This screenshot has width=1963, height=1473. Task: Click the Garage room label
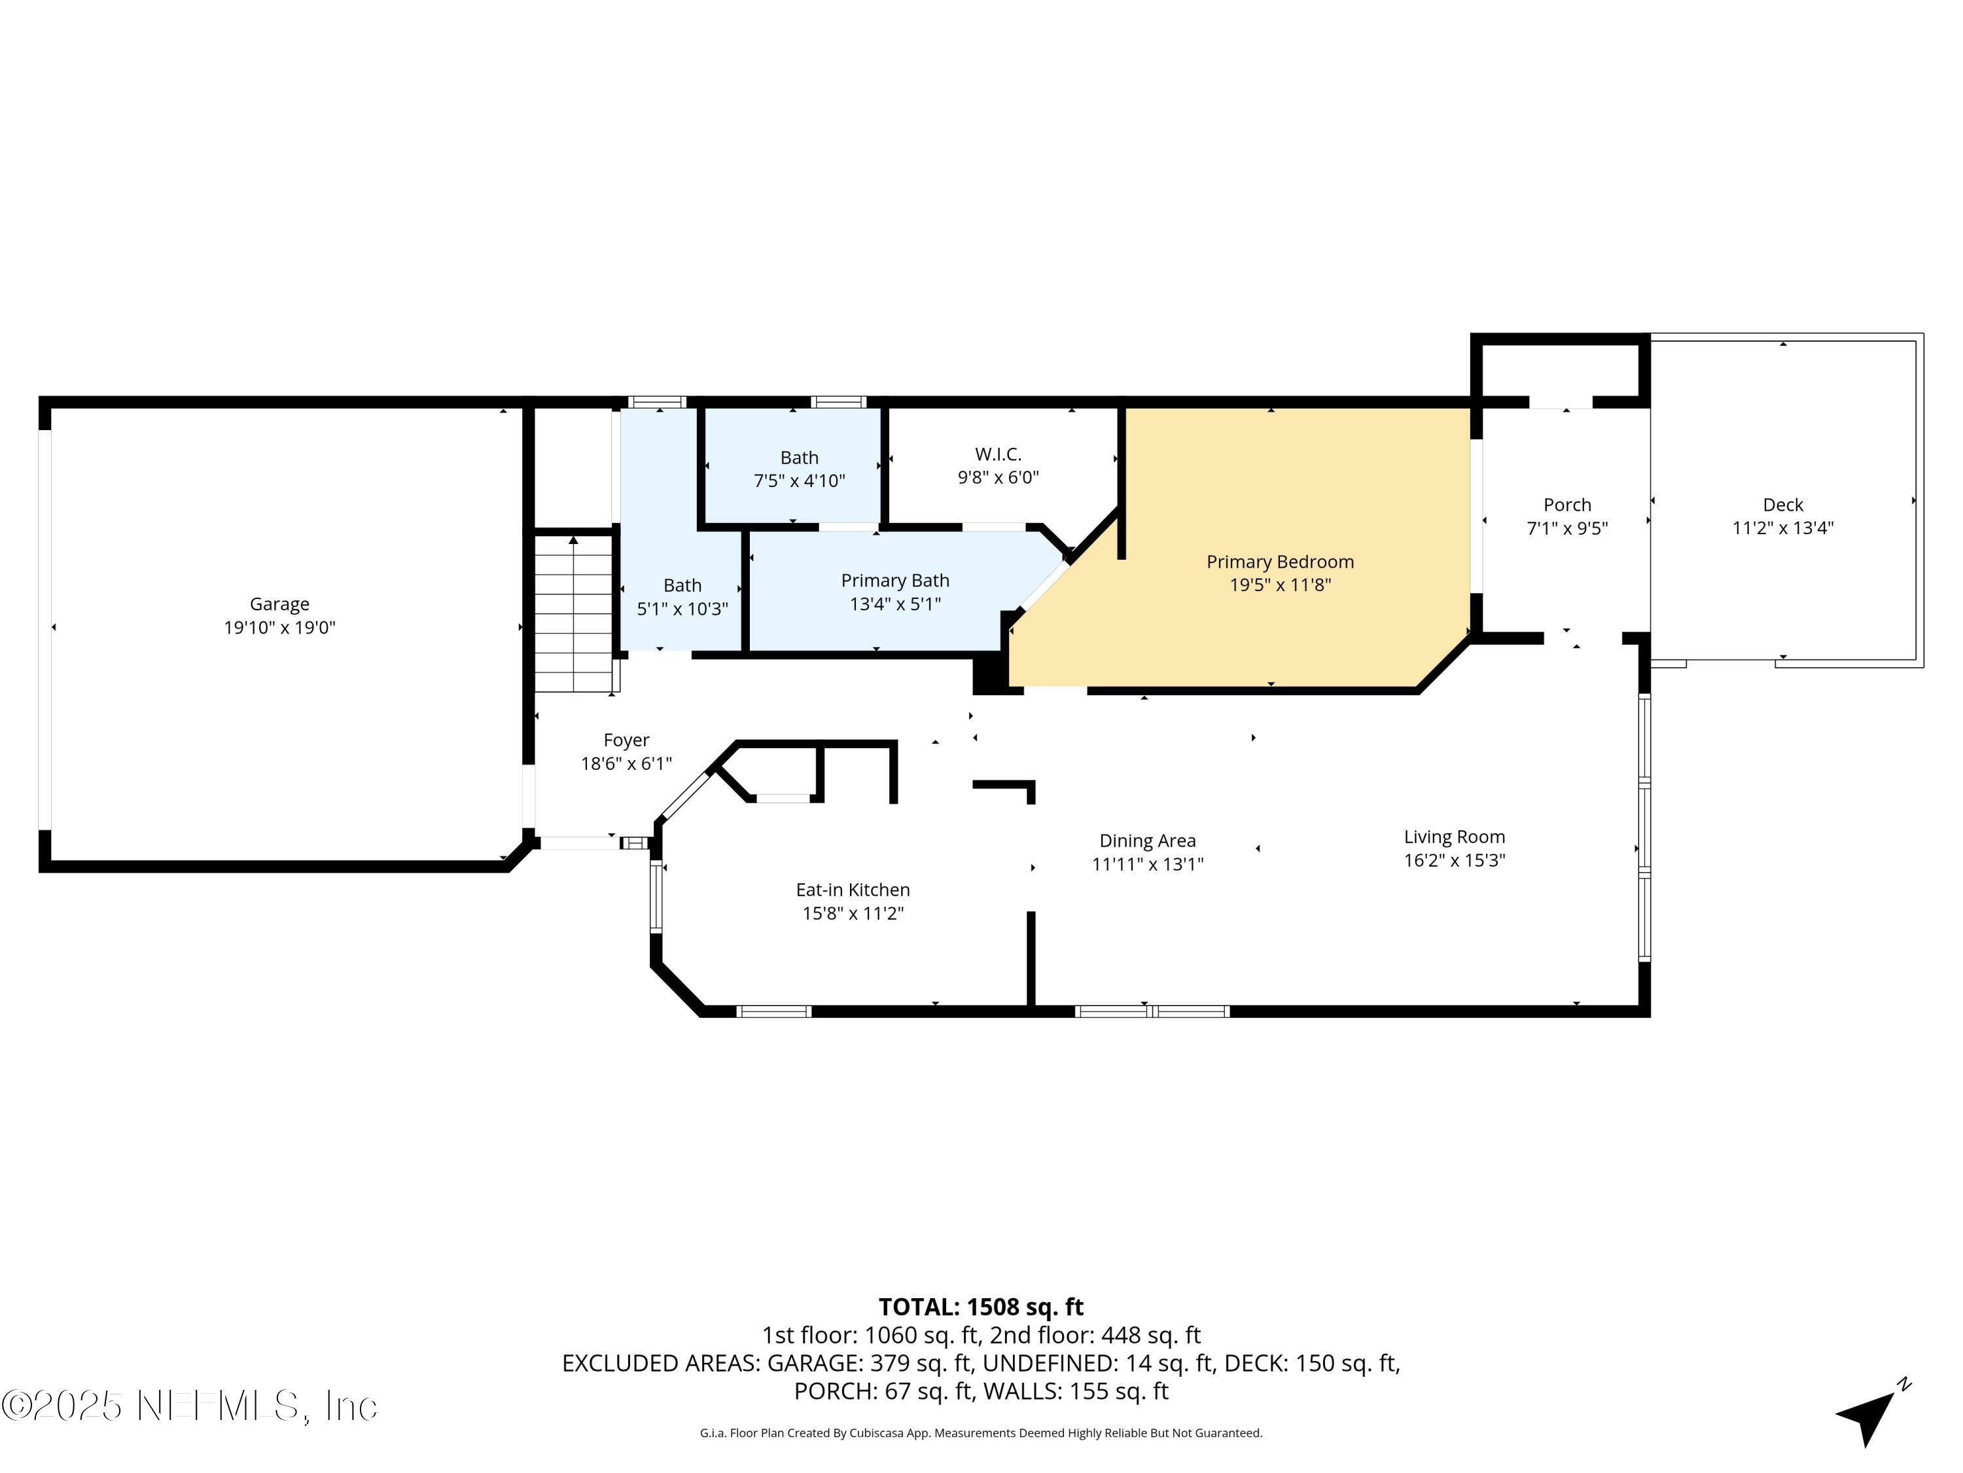[279, 604]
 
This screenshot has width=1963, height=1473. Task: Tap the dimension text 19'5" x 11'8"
[1280, 584]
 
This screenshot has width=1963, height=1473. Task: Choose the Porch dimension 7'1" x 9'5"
[1566, 528]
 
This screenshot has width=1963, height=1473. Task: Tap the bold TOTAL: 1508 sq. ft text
[981, 1307]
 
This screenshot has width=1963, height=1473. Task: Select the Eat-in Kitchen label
[852, 890]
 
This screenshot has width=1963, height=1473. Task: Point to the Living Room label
[1454, 837]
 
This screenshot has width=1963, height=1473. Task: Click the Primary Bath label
[894, 580]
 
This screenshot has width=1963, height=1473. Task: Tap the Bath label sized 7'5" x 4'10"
[799, 457]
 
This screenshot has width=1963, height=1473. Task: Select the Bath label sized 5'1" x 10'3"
[682, 585]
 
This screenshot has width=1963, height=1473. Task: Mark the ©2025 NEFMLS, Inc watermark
[189, 1406]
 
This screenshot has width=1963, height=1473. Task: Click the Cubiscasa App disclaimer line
[981, 1432]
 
